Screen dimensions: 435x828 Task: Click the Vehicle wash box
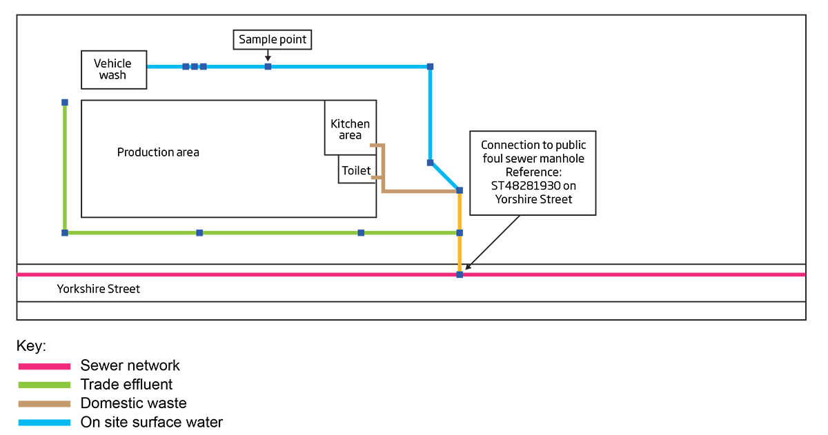pyautogui.click(x=114, y=70)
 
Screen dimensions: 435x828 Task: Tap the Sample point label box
pyautogui.click(x=273, y=40)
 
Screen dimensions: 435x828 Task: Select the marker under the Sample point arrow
pyautogui.click(x=268, y=66)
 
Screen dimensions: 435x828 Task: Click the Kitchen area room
pyautogui.click(x=351, y=128)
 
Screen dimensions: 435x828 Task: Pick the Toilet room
pyautogui.click(x=357, y=170)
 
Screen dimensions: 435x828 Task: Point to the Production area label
pyautogui.click(x=158, y=152)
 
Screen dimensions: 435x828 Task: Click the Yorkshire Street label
pyautogui.click(x=99, y=289)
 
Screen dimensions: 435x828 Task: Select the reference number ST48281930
pyautogui.click(x=533, y=186)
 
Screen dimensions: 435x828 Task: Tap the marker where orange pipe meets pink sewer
pyautogui.click(x=460, y=274)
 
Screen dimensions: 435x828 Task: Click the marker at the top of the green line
pyautogui.click(x=65, y=103)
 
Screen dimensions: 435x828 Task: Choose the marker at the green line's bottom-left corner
pyautogui.click(x=65, y=233)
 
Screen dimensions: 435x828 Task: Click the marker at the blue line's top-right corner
pyautogui.click(x=430, y=67)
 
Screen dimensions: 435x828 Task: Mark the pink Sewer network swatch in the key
pyautogui.click(x=44, y=366)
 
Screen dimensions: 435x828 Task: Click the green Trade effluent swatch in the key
pyautogui.click(x=44, y=385)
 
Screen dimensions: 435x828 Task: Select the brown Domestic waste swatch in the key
pyautogui.click(x=44, y=403)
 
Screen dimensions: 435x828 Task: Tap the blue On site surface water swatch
pyautogui.click(x=44, y=422)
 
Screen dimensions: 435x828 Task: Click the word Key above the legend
pyautogui.click(x=31, y=346)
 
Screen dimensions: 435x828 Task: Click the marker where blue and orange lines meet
pyautogui.click(x=460, y=190)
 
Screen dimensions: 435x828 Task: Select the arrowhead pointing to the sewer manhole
pyautogui.click(x=467, y=267)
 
